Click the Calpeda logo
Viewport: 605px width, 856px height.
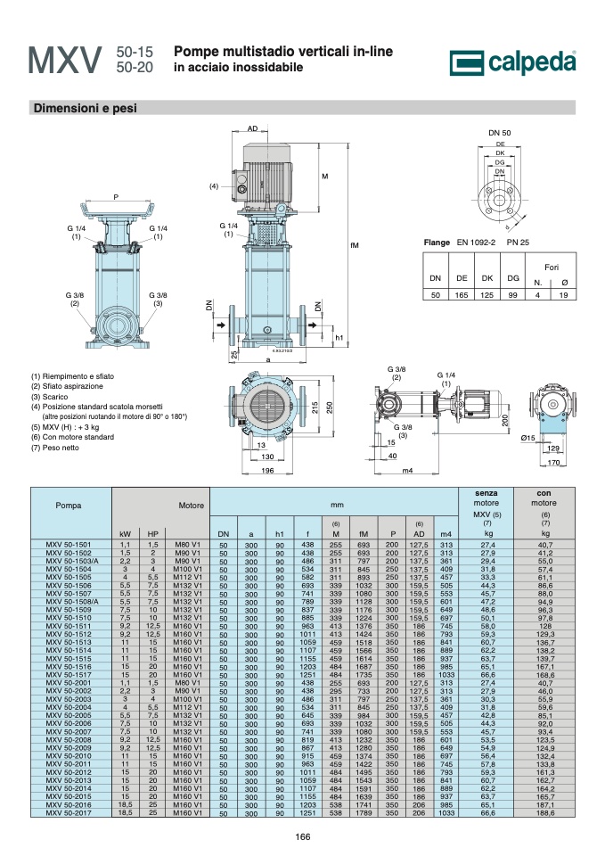(x=512, y=62)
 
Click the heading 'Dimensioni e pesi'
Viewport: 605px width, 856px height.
(x=86, y=108)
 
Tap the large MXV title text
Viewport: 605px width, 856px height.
(x=65, y=60)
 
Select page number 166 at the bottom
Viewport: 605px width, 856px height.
(x=302, y=836)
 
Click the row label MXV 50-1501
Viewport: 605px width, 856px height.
(x=69, y=544)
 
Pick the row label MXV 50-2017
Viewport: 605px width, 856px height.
(x=69, y=813)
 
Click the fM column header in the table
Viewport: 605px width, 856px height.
(x=364, y=534)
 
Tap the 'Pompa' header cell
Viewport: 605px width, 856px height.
(x=69, y=506)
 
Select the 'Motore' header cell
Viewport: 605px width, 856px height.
(x=191, y=506)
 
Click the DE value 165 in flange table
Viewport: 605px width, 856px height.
(x=462, y=295)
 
